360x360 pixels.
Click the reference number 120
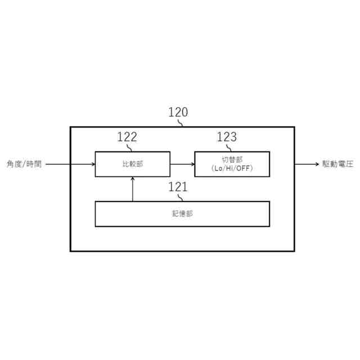coord(178,112)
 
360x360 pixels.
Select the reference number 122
coord(127,137)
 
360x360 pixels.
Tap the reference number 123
coord(227,137)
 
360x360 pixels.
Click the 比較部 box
coord(132,164)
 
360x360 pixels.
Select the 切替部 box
coord(232,164)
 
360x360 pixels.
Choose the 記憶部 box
coord(182,214)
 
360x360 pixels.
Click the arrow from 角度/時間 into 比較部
coord(70,164)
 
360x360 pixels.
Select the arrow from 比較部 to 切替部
coord(182,164)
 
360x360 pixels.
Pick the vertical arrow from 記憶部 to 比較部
coord(133,189)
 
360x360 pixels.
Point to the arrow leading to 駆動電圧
coord(307,164)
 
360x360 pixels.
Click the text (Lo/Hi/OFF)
coord(232,168)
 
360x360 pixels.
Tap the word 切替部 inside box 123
coord(232,160)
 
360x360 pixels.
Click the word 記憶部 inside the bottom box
coord(182,214)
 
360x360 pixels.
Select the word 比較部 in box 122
coord(132,164)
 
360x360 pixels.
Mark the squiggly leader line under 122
coord(130,147)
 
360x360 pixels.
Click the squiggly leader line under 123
coord(230,147)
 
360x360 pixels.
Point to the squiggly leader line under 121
coord(181,197)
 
